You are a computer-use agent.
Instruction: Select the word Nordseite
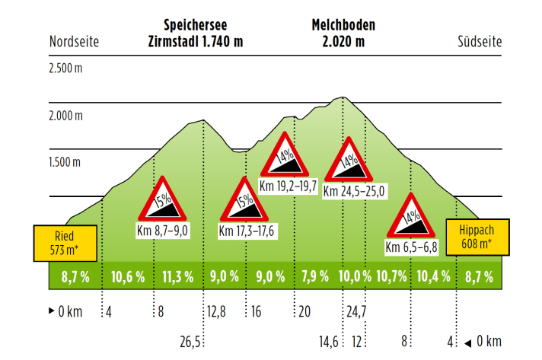tap(75, 41)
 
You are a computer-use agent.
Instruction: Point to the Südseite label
tap(480, 41)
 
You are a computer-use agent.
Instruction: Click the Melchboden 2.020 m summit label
tap(343, 33)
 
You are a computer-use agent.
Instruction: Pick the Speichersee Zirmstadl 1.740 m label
tap(196, 33)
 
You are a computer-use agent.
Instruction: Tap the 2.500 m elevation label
tap(65, 68)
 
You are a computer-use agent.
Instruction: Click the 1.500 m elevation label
tap(65, 162)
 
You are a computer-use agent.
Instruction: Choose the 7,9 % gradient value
tap(314, 276)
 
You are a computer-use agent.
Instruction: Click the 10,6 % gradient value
tap(128, 276)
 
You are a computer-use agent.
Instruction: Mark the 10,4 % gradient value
tap(433, 276)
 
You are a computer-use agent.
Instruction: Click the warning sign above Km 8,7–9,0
tap(162, 199)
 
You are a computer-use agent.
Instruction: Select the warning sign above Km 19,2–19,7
tap(285, 156)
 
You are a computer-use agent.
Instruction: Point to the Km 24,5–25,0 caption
tap(355, 190)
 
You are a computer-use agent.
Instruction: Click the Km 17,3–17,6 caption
tap(247, 231)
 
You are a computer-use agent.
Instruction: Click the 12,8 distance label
tap(215, 311)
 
